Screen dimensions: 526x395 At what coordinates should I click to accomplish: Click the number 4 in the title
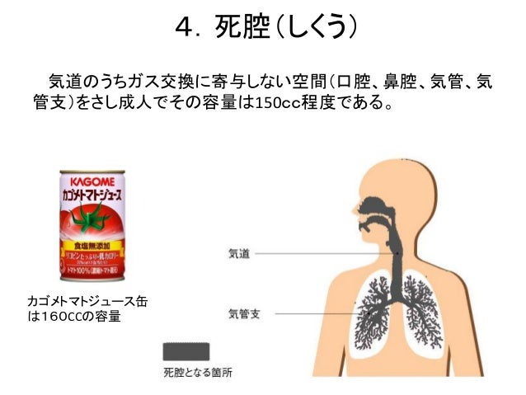click(184, 28)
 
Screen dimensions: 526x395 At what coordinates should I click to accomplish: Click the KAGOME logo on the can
click(92, 178)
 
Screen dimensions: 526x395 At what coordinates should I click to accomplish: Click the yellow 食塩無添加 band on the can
click(92, 246)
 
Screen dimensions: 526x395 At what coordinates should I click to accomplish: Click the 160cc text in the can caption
click(57, 317)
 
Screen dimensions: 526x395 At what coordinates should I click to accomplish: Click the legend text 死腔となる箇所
click(198, 373)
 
